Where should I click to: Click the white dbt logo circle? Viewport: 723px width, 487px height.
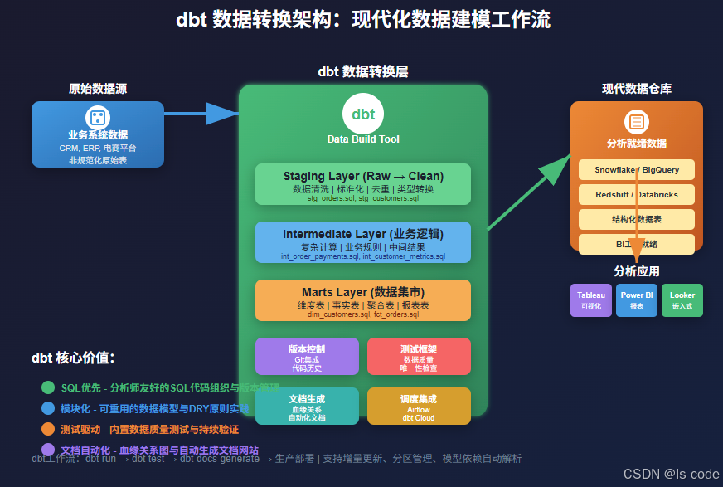[362, 114]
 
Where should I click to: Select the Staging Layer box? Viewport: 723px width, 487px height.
[362, 184]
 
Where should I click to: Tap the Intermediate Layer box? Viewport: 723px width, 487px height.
[362, 242]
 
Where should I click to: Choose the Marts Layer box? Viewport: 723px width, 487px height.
[362, 300]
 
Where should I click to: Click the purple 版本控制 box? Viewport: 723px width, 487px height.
[307, 356]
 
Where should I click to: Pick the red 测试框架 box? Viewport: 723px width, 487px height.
[418, 356]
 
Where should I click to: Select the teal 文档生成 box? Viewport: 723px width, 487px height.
[307, 406]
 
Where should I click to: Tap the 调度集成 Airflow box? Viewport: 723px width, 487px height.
[418, 406]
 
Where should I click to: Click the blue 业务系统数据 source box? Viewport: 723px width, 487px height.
[98, 134]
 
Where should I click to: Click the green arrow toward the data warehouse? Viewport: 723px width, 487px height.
[529, 192]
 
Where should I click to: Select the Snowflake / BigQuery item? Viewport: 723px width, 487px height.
[636, 170]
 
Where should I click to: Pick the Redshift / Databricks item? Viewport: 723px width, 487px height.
[636, 195]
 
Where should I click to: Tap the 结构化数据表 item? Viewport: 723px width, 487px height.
[636, 220]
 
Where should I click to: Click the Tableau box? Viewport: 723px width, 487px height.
[591, 300]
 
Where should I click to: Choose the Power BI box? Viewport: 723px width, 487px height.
[637, 300]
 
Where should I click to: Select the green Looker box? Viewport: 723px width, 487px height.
[682, 300]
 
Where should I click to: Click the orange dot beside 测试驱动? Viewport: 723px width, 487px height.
[48, 429]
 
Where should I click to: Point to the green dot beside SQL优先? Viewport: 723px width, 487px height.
[48, 387]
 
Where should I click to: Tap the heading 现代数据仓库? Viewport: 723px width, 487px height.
[636, 89]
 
